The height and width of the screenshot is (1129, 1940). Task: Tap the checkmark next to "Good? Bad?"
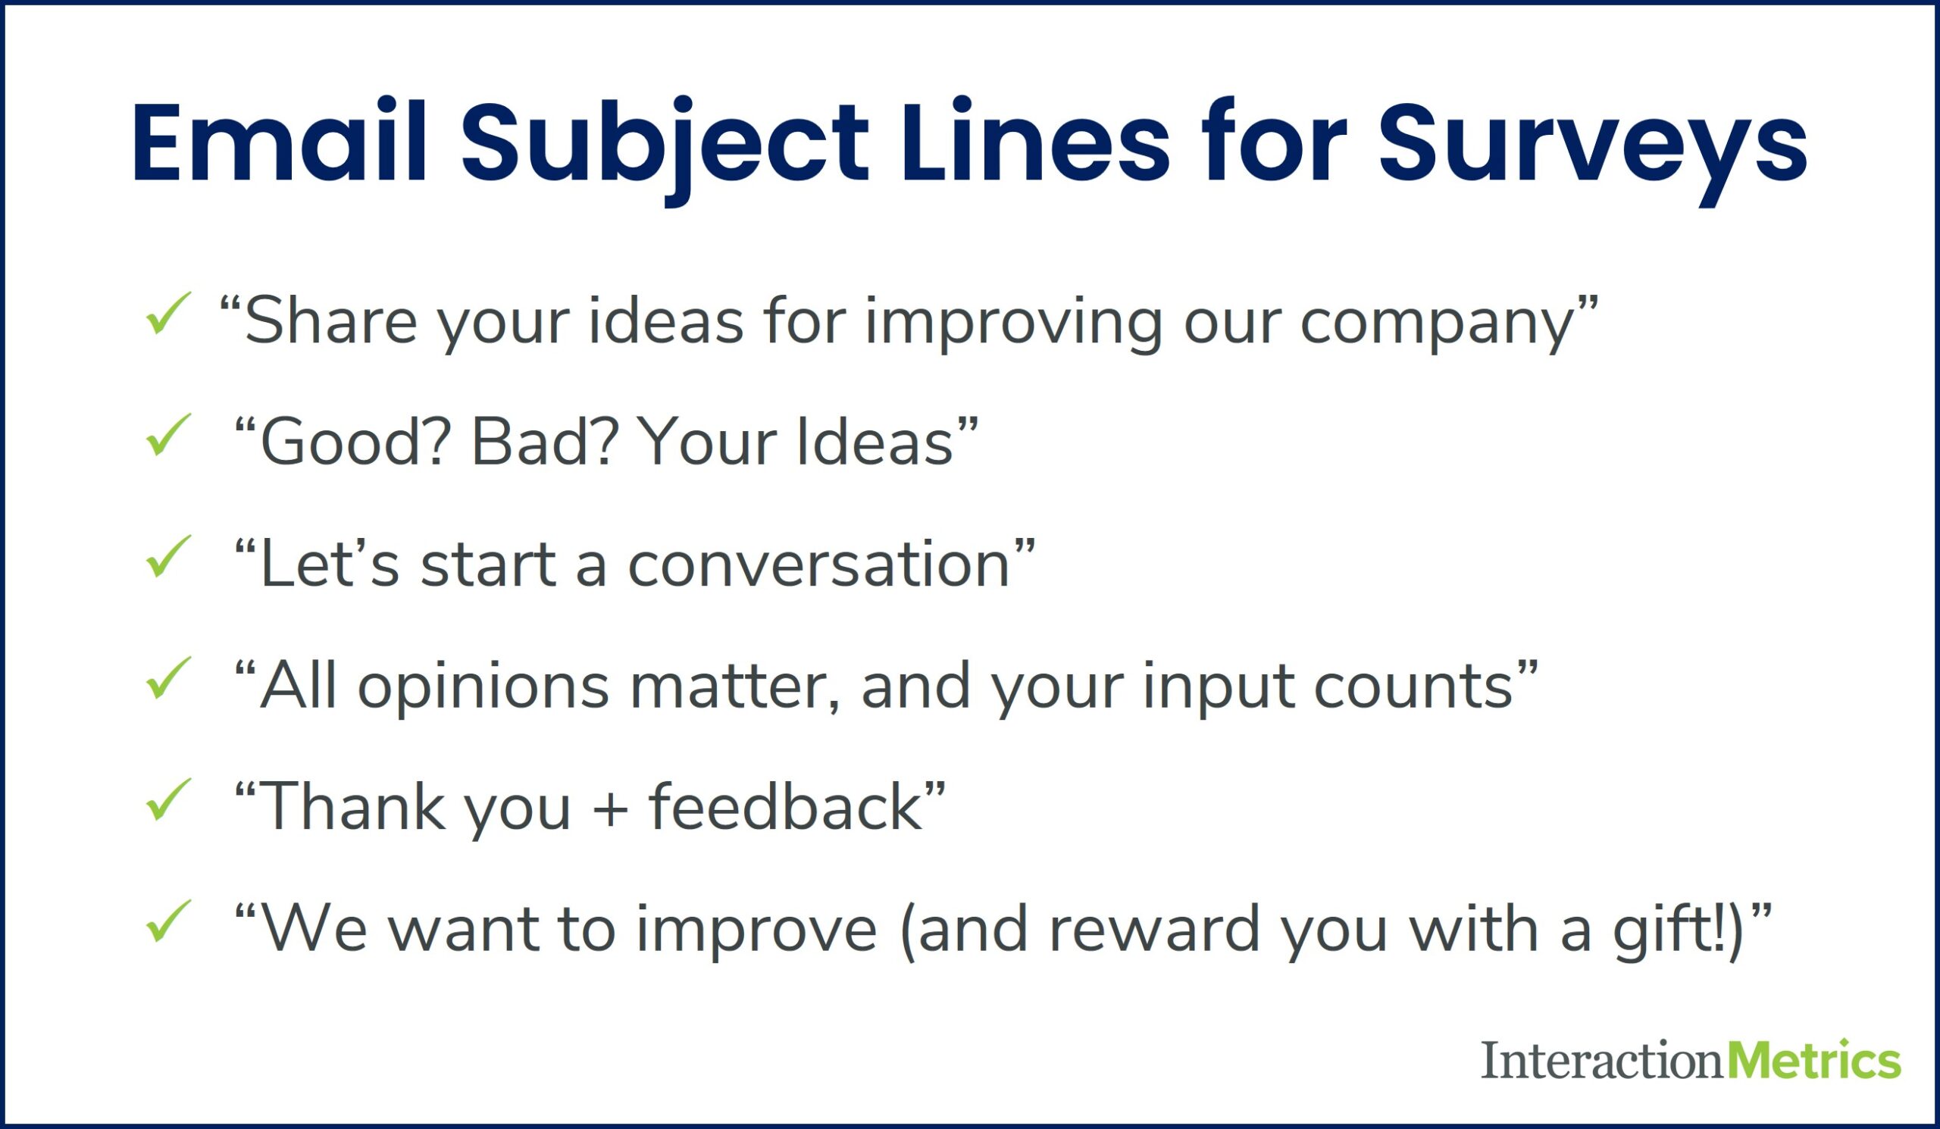click(x=167, y=436)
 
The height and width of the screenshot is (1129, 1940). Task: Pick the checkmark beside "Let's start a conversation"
click(x=167, y=557)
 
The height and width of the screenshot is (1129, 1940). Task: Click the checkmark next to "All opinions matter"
click(x=167, y=679)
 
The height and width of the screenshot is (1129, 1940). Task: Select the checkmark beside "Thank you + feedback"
click(x=167, y=800)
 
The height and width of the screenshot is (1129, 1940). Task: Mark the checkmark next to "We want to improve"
click(x=167, y=922)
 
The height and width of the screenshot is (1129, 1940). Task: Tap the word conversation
click(x=819, y=566)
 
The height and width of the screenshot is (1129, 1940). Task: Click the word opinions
click(x=483, y=687)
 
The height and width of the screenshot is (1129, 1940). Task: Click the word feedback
click(x=785, y=808)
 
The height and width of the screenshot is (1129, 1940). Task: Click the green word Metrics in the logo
click(x=1813, y=1061)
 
